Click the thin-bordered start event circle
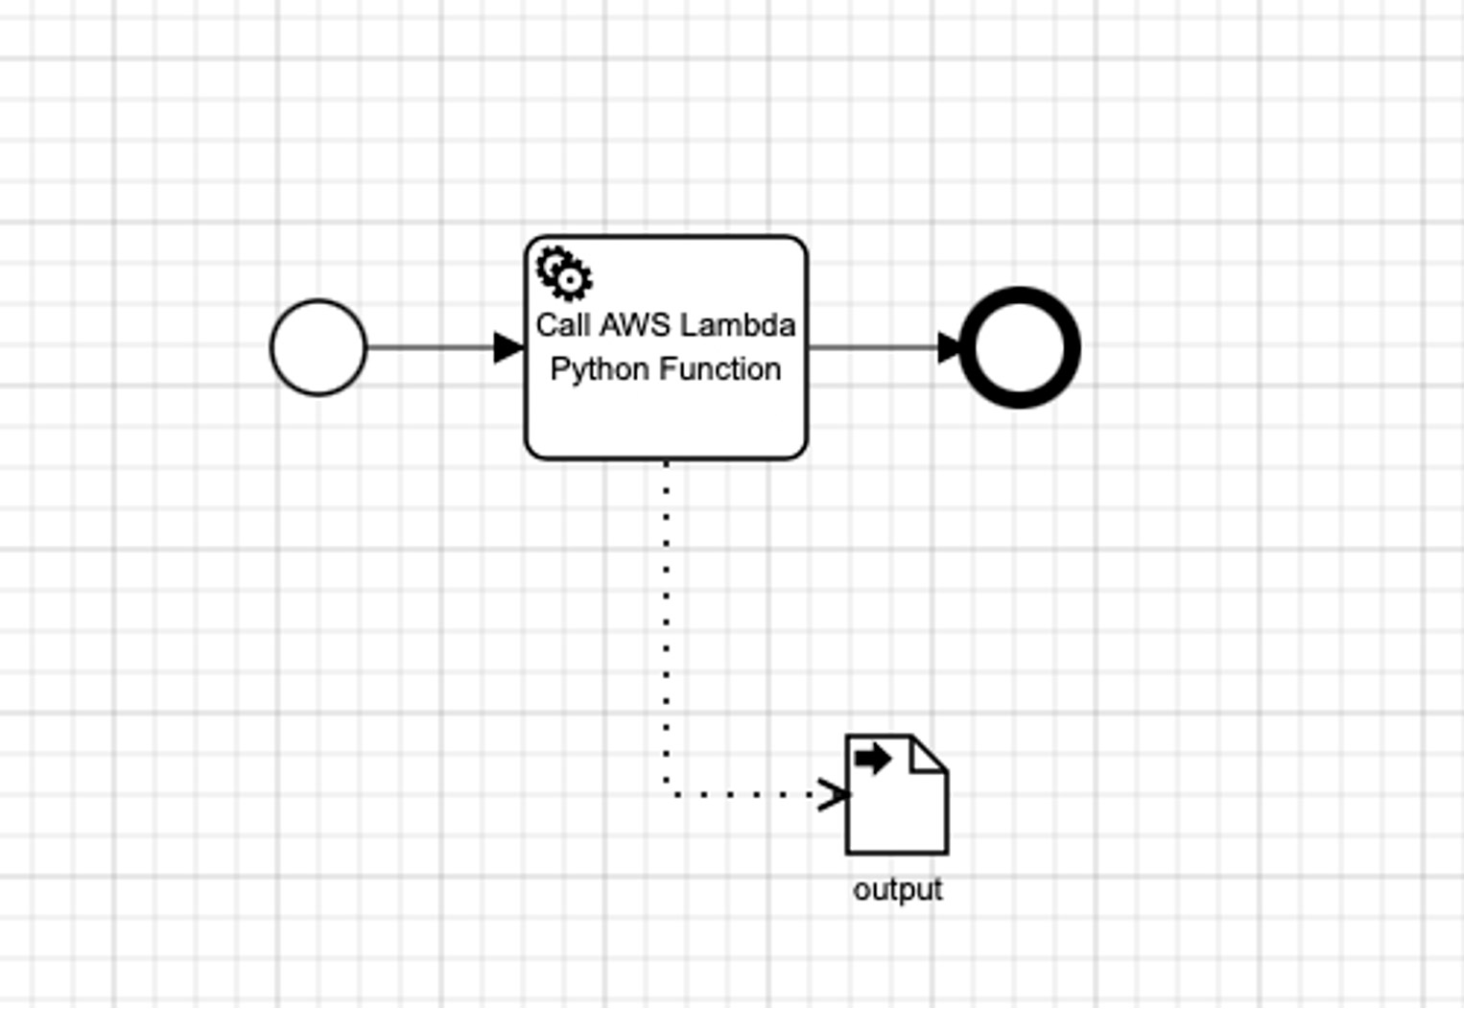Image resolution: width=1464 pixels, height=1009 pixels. tap(319, 347)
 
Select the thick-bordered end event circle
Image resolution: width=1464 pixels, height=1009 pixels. tap(1019, 347)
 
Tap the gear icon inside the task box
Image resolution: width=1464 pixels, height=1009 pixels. tap(564, 273)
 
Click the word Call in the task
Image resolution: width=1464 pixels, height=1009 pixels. tap(562, 325)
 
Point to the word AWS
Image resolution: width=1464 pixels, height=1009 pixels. tap(634, 325)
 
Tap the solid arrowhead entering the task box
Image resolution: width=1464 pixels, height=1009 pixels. tap(508, 347)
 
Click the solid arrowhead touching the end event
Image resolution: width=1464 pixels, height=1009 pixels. tap(949, 347)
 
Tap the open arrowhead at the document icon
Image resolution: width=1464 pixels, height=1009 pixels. tap(835, 794)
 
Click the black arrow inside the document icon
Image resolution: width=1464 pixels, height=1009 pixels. tap(872, 759)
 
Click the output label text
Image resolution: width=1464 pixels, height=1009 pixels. tap(898, 890)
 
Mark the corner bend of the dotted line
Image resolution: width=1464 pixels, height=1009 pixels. tap(668, 793)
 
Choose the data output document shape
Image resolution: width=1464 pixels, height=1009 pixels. tap(897, 806)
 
